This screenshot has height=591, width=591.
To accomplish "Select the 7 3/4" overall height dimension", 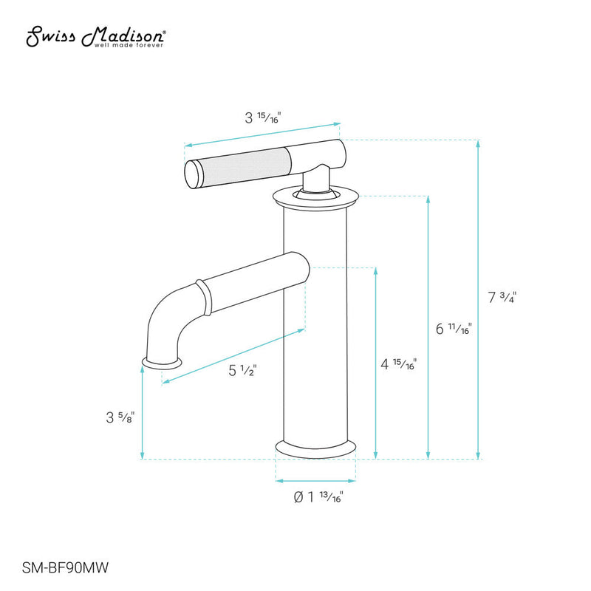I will tap(502, 298).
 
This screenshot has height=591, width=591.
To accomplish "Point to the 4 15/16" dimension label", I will tap(398, 364).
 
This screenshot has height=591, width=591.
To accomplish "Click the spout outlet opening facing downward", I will tap(161, 363).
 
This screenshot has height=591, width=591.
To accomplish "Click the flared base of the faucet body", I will tap(315, 448).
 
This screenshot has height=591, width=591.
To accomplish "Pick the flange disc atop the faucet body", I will tap(315, 197).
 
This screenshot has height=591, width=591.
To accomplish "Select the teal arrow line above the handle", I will tap(262, 134).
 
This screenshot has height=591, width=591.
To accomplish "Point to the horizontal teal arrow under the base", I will tap(315, 480).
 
